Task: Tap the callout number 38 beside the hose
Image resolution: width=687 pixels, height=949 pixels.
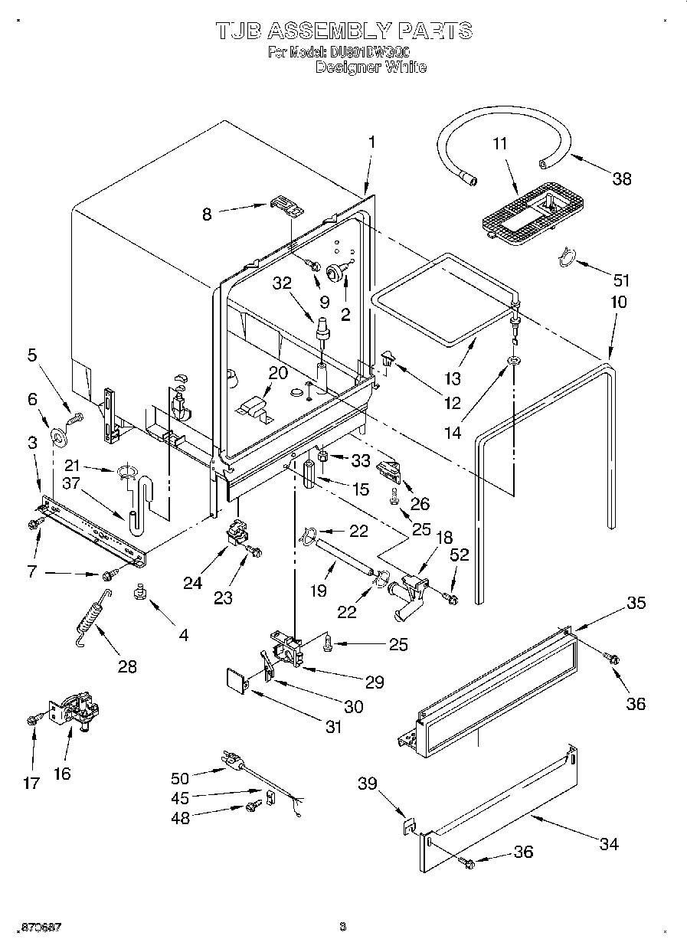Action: point(621,178)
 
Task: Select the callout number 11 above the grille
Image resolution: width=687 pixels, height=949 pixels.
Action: point(499,143)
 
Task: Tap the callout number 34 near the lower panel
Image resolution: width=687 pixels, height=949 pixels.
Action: point(609,844)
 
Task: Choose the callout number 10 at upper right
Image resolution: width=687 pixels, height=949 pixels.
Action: point(618,302)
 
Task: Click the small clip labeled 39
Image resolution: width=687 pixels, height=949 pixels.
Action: point(410,827)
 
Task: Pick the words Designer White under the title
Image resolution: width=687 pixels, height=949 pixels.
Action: point(371,67)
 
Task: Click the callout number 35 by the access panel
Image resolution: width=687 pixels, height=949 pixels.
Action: point(636,603)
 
